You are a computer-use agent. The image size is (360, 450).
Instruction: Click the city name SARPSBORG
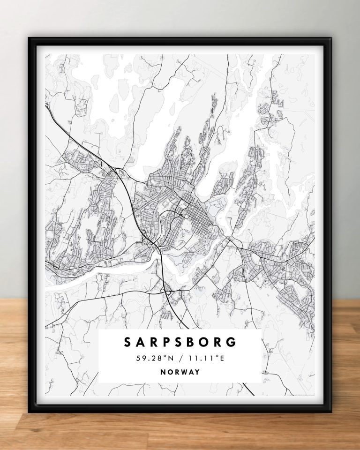coord(180,342)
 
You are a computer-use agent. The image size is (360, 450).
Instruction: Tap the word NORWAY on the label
coord(180,372)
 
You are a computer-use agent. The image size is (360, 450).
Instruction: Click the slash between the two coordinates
coord(180,359)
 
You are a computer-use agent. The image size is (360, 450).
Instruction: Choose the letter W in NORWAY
coord(184,372)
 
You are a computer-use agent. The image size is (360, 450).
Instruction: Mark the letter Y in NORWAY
coord(198,372)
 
